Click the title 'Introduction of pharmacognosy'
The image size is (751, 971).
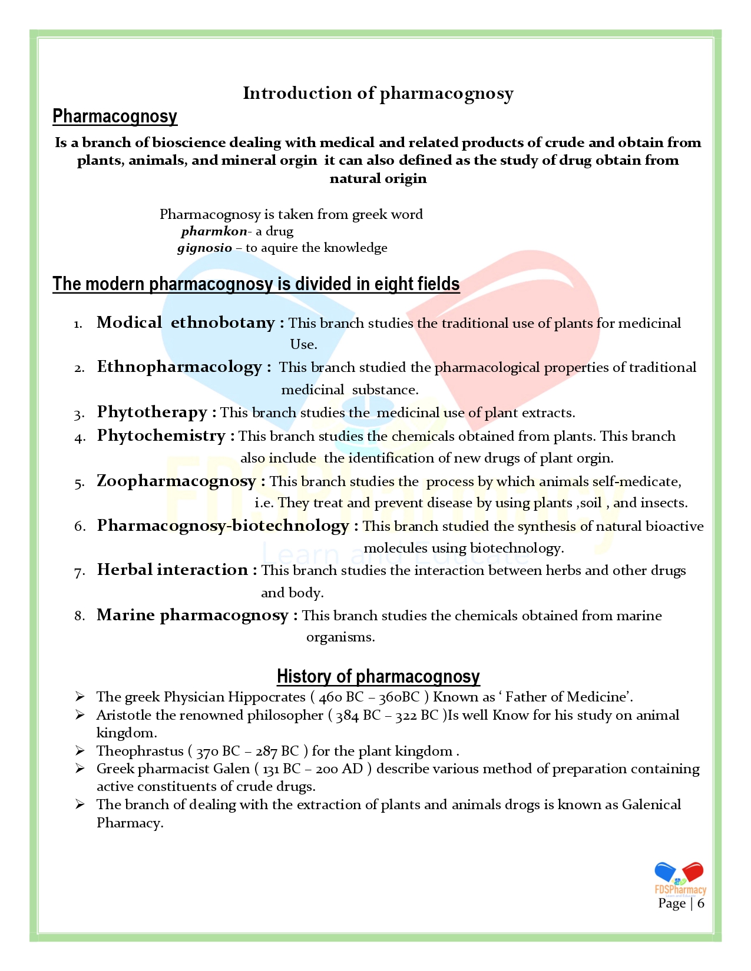pyautogui.click(x=378, y=94)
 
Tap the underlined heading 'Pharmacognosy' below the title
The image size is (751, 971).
pyautogui.click(x=115, y=117)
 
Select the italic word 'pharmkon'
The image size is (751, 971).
pyautogui.click(x=214, y=231)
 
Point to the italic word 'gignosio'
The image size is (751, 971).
pyautogui.click(x=204, y=248)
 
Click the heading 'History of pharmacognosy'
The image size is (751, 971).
pyautogui.click(x=378, y=677)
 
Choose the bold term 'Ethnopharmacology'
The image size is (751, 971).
pyautogui.click(x=179, y=367)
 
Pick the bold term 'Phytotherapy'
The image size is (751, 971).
pyautogui.click(x=152, y=412)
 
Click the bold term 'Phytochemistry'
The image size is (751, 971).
pyautogui.click(x=161, y=435)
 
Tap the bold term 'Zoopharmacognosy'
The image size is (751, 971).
pyautogui.click(x=176, y=481)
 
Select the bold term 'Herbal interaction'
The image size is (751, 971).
pyautogui.click(x=172, y=570)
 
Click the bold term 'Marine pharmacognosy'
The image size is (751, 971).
pyautogui.click(x=192, y=615)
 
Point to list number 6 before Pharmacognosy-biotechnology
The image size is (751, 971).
pyautogui.click(x=80, y=526)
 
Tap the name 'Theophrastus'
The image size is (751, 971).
pyautogui.click(x=140, y=751)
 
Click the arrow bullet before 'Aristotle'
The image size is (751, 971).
pyautogui.click(x=80, y=715)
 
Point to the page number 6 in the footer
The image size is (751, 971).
pyautogui.click(x=701, y=903)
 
